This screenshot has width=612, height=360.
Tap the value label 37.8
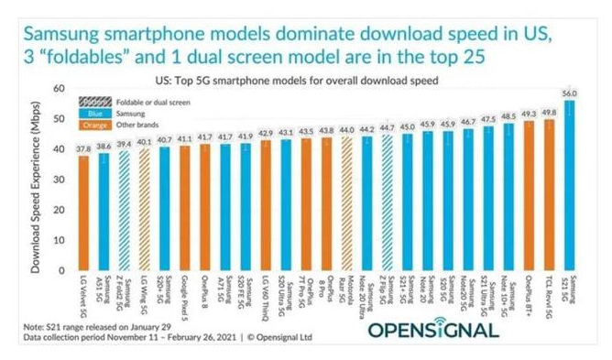pyautogui.click(x=83, y=148)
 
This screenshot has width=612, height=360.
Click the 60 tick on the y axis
pyautogui.click(x=60, y=89)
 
